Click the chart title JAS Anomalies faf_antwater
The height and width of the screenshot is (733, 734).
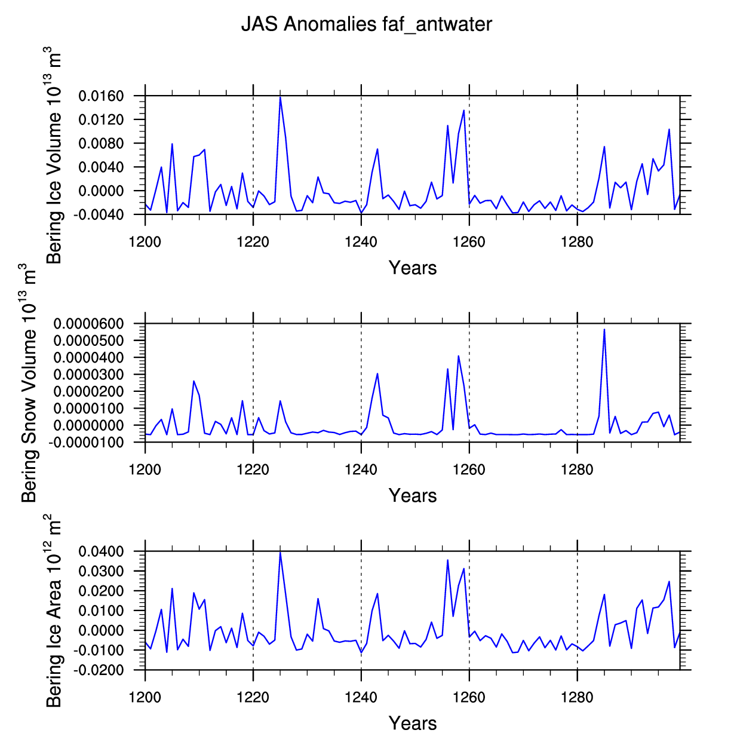point(367,25)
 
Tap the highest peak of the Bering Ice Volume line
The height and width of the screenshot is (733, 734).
point(280,97)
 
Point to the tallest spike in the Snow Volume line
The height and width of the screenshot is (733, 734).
point(604,329)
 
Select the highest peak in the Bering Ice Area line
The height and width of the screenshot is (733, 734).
point(280,553)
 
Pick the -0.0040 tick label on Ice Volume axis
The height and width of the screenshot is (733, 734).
point(99,215)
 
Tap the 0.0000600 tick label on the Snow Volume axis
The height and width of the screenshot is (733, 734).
point(89,324)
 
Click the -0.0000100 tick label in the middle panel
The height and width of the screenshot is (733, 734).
point(86,443)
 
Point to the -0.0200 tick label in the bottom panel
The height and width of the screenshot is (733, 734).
point(99,670)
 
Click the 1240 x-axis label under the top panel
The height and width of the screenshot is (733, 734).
point(361,242)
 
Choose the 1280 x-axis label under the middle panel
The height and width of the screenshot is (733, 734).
point(577,470)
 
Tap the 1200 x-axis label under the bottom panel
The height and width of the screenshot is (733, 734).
point(145,698)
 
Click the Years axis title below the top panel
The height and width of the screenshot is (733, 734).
point(413,268)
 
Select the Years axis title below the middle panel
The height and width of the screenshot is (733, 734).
point(413,495)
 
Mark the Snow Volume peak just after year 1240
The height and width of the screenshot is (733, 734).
point(377,373)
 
